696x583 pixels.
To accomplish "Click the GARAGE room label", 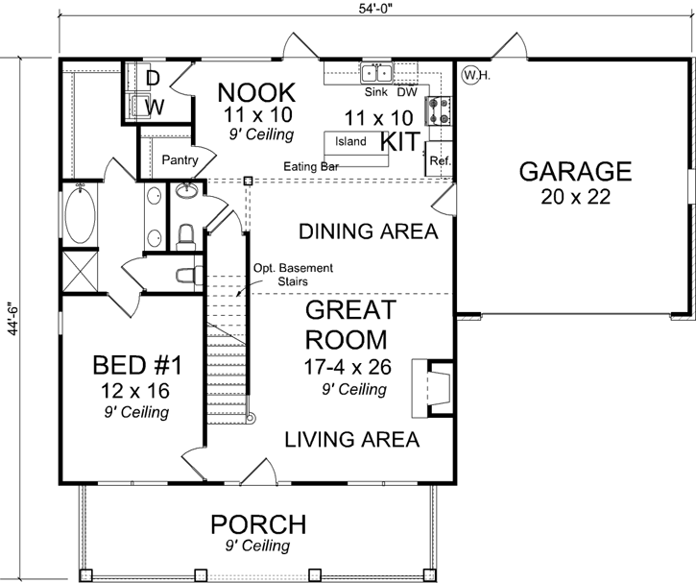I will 575,172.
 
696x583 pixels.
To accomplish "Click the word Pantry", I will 180,159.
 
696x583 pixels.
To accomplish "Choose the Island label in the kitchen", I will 350,141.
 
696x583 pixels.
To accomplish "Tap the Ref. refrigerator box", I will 440,161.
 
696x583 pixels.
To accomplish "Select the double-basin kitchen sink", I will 376,73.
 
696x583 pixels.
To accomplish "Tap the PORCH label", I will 258,525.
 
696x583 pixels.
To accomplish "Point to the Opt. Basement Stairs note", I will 280,275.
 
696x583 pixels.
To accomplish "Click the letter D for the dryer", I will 152,77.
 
